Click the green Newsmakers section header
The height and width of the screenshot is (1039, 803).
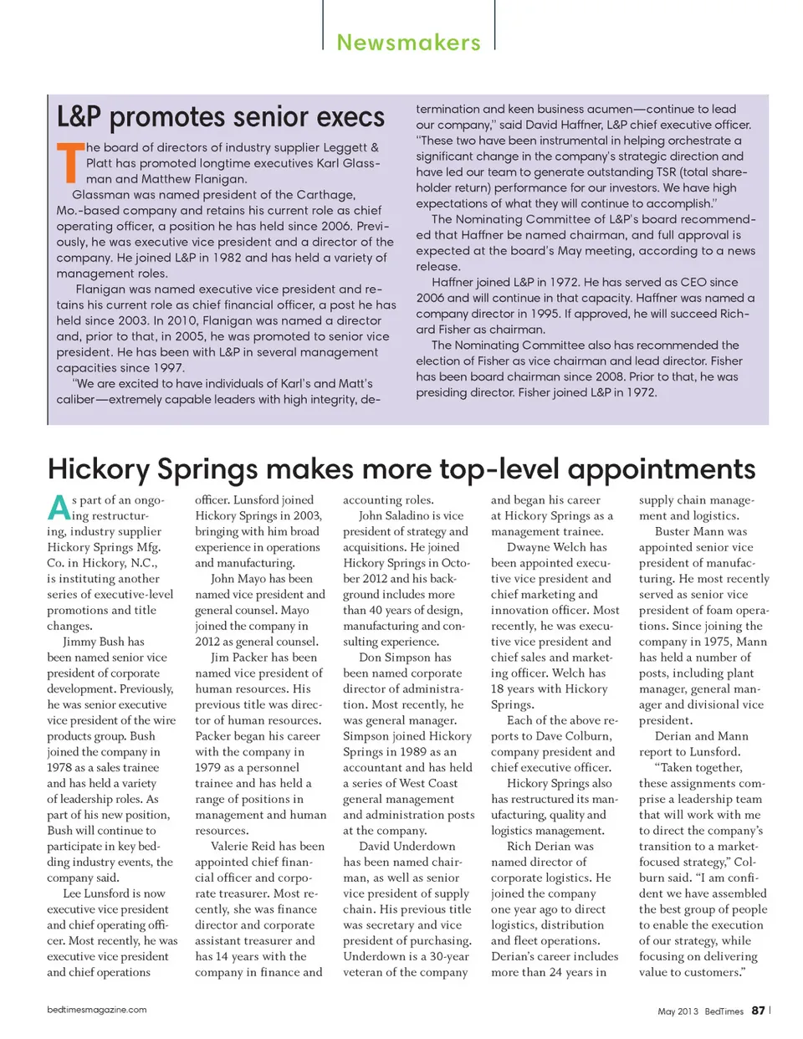(x=408, y=43)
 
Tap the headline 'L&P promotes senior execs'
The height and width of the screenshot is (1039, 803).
(x=221, y=117)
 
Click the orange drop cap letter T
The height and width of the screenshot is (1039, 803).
(x=69, y=162)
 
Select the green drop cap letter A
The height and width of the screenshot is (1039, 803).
(x=58, y=508)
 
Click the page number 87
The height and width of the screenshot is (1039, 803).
(x=758, y=1011)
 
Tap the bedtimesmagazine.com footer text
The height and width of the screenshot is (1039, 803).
(x=97, y=1010)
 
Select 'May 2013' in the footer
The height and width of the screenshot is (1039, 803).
(x=678, y=1011)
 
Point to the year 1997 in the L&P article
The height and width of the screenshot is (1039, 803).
(x=148, y=368)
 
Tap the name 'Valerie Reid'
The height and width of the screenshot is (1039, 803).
(x=243, y=847)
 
